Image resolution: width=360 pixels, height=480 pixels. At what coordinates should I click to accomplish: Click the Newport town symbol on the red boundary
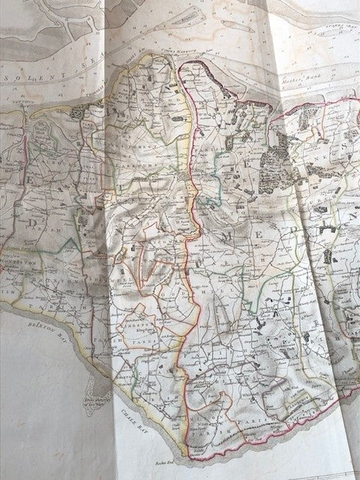tap(187, 178)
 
